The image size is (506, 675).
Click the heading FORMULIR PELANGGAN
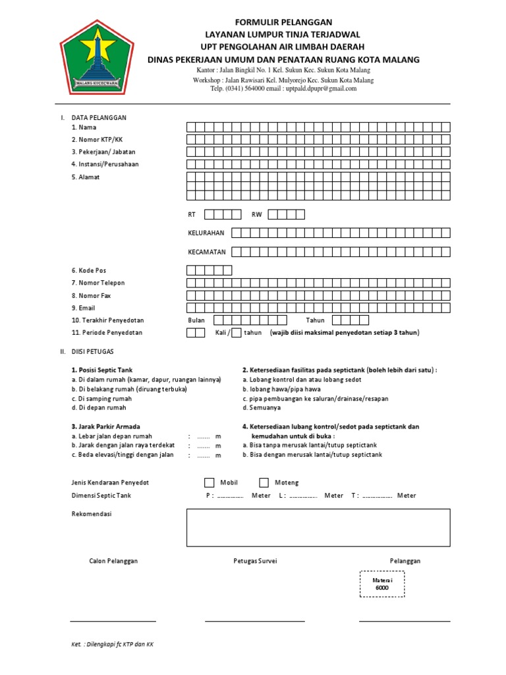coord(283,22)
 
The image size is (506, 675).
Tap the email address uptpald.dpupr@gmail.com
coord(321,88)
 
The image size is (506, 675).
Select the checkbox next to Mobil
coord(209,483)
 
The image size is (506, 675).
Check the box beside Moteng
coord(264,483)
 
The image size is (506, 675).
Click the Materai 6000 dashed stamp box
coord(382,583)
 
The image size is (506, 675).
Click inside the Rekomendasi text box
coord(318,527)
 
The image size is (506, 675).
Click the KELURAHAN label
coord(206,233)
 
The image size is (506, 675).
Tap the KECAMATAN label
coord(207,252)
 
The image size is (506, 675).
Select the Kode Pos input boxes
coord(209,270)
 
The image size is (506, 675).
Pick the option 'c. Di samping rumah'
coord(101,399)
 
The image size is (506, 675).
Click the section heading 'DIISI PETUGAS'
coord(94,353)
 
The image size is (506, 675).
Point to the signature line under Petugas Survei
coord(255,620)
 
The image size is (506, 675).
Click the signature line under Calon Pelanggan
coord(113,620)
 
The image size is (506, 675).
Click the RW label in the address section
coord(257,215)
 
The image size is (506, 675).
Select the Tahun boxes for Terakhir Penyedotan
coord(350,320)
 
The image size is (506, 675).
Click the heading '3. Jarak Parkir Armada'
coord(105,426)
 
